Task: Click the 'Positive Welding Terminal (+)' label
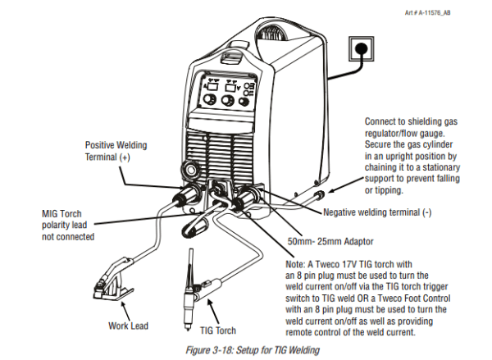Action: coord(116,150)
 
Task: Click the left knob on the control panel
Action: coord(210,101)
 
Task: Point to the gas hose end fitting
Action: coord(321,197)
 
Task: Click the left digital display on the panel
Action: coord(212,85)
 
